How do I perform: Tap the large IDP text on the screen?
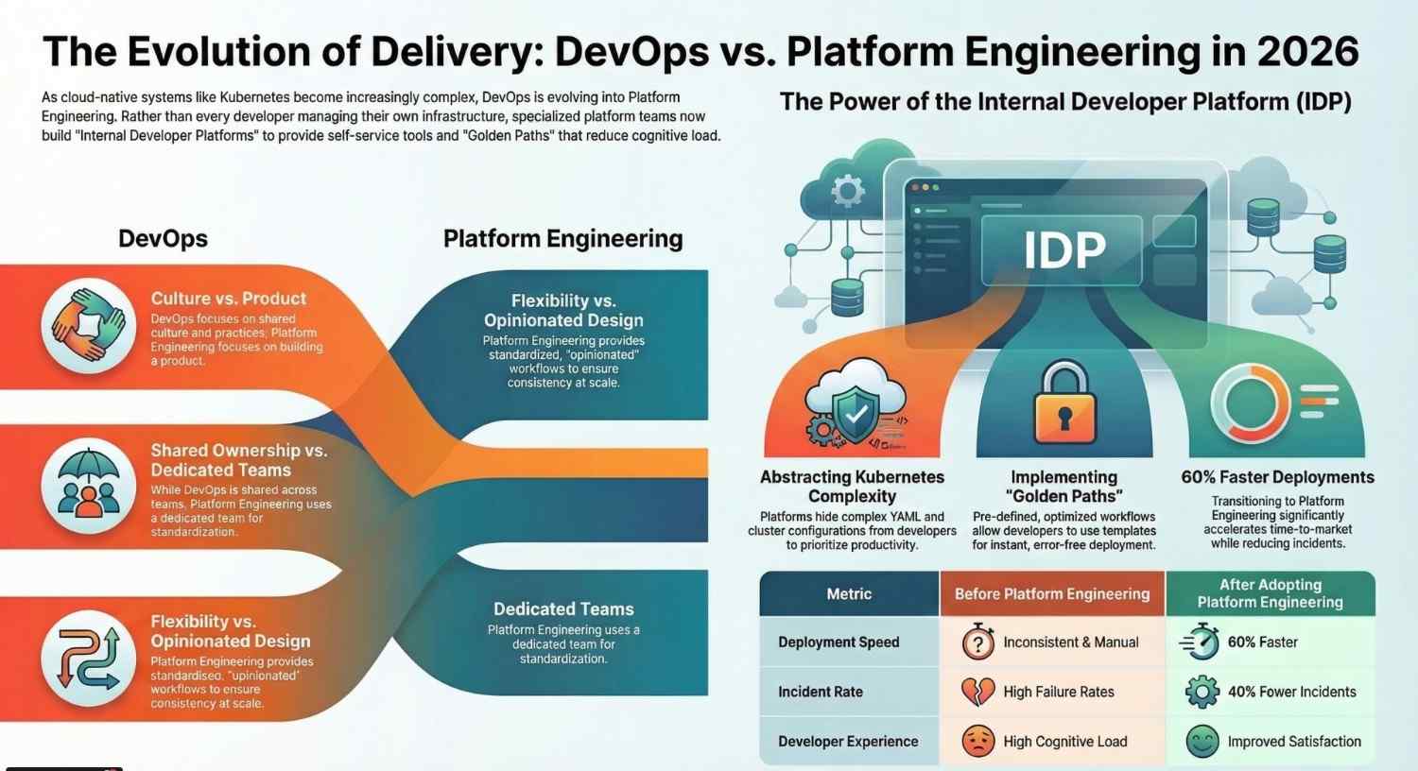point(1064,250)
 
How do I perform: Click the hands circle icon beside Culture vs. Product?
point(89,326)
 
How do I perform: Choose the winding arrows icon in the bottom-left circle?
point(89,658)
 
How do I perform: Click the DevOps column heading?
point(163,239)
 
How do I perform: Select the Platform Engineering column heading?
point(562,239)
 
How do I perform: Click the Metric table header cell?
point(849,594)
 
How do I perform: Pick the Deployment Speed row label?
point(839,642)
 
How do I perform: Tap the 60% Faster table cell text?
point(1262,642)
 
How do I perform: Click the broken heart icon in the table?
point(977,692)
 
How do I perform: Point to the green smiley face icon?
point(1202,742)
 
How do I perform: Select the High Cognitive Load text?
point(1064,742)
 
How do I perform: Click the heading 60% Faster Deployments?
point(1277,478)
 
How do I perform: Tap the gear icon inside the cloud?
point(847,191)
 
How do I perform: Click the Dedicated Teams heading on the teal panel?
point(563,609)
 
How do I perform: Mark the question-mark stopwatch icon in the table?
point(977,642)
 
